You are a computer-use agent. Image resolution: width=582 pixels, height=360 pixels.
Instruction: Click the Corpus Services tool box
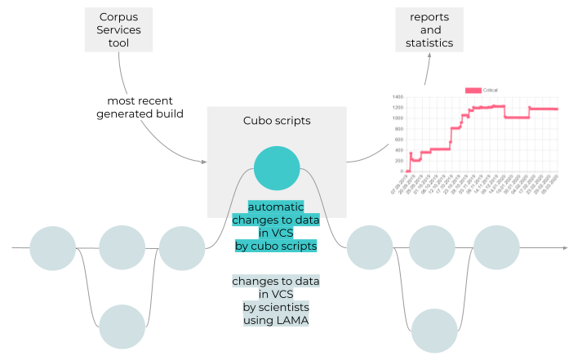tap(118, 30)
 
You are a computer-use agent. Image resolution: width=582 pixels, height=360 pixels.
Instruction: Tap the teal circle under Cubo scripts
tap(276, 168)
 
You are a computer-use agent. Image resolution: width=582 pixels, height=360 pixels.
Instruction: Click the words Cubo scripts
tap(277, 121)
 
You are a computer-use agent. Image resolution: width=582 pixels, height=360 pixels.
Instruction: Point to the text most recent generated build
tap(140, 107)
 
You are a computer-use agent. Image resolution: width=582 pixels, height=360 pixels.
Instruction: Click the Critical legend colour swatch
tap(473, 90)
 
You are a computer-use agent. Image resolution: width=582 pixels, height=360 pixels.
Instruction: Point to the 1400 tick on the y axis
tap(398, 97)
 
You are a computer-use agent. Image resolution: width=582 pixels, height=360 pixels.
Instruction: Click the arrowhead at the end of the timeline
tap(564, 247)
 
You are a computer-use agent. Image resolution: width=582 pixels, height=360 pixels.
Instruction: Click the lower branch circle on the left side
tap(121, 326)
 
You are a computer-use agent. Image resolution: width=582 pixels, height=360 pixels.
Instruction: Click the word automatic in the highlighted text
tap(276, 207)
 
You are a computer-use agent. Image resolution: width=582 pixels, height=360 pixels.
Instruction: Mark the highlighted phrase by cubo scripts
tap(276, 245)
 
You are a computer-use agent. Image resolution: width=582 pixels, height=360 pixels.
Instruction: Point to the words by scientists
tap(276, 307)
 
